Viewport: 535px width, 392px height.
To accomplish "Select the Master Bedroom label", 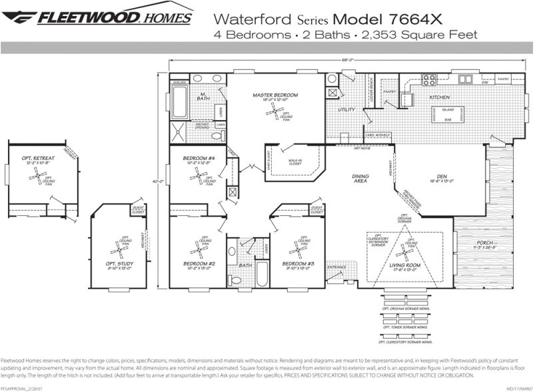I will pos(275,95).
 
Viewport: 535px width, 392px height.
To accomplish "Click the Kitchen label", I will pos(439,97).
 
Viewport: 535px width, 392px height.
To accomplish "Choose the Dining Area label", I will pos(360,178).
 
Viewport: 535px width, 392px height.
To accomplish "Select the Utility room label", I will pos(346,109).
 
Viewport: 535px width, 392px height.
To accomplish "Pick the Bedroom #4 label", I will pos(199,158).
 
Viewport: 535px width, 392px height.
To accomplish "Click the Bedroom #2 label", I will pos(198,264).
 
